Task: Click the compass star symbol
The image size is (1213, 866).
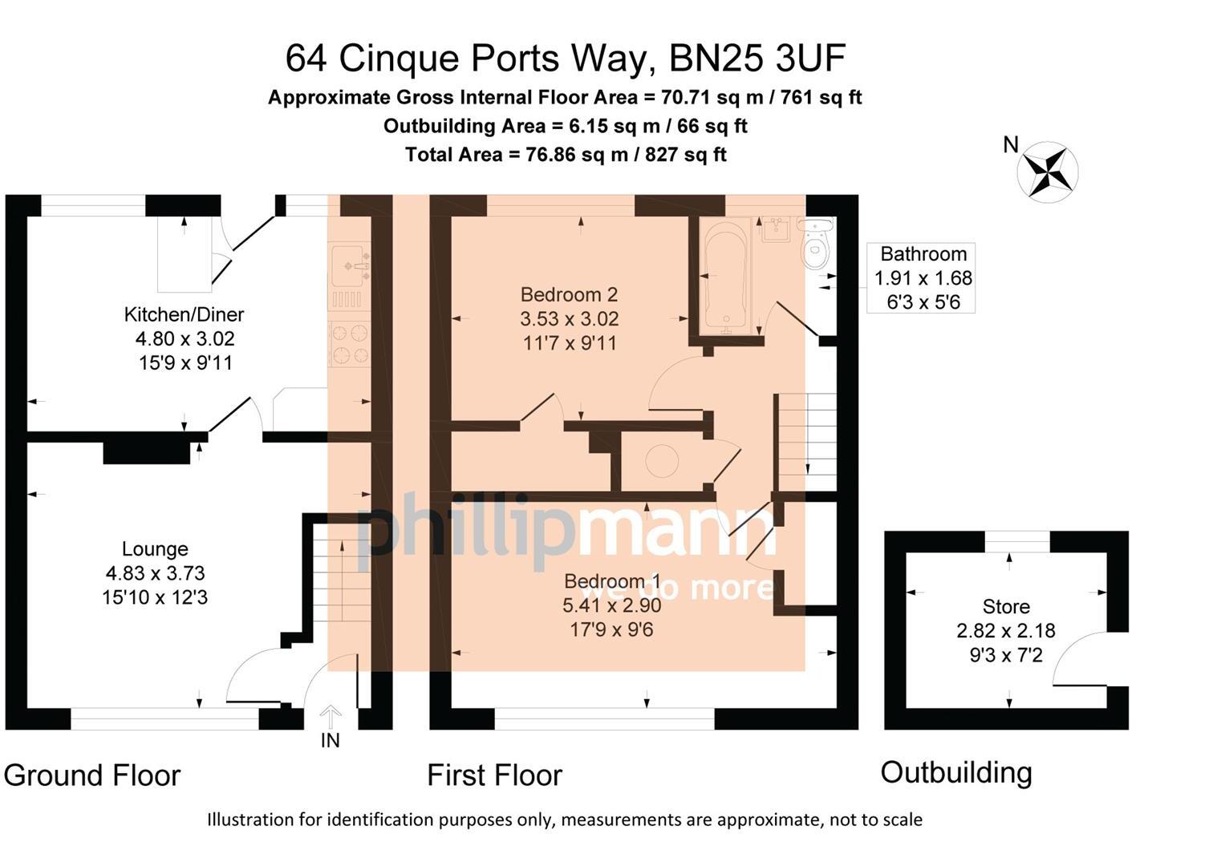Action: [x=1048, y=172]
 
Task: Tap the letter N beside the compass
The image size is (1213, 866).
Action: [x=1011, y=144]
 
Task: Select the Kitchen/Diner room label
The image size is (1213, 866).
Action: [x=185, y=314]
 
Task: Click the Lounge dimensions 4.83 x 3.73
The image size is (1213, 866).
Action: [x=156, y=573]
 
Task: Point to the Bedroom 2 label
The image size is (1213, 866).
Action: [x=569, y=294]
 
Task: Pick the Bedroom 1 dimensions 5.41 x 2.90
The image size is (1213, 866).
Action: [x=612, y=605]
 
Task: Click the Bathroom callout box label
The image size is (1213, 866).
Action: [x=923, y=254]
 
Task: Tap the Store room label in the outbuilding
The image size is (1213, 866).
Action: [x=1006, y=607]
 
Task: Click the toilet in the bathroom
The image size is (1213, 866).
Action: [x=816, y=243]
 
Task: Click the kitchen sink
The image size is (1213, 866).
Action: [x=349, y=265]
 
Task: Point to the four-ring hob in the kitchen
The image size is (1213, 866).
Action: [x=349, y=344]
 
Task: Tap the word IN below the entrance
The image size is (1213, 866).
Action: [x=331, y=740]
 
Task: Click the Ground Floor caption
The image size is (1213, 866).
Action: [x=92, y=775]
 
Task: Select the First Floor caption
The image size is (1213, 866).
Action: [x=495, y=775]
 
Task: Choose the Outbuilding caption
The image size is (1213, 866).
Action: [x=956, y=774]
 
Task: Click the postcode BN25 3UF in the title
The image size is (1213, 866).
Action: [x=757, y=59]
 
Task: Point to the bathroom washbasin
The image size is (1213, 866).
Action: [x=777, y=229]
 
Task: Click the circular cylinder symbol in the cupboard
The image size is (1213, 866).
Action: [x=662, y=460]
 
